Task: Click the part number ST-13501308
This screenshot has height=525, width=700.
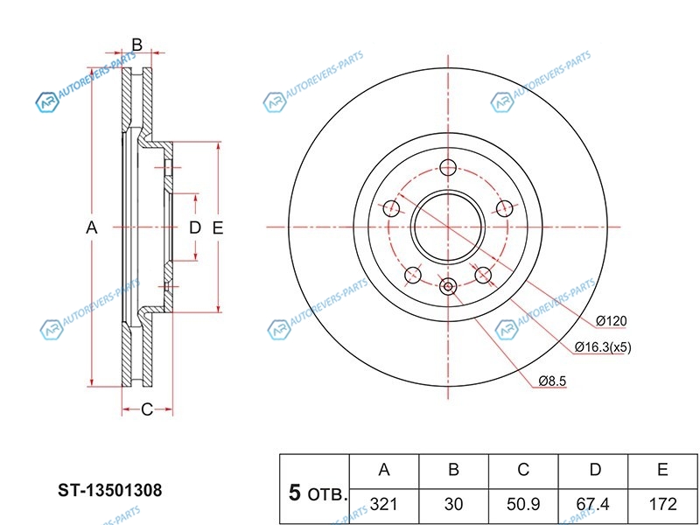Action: (x=110, y=490)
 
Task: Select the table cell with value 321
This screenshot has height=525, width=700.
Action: (x=383, y=505)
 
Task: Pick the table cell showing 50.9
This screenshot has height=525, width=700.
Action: (x=522, y=505)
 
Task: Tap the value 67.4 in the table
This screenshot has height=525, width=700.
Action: (x=594, y=505)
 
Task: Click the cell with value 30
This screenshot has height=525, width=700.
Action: (x=453, y=505)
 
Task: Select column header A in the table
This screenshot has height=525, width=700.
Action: (x=383, y=471)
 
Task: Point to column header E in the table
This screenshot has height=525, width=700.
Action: (x=662, y=471)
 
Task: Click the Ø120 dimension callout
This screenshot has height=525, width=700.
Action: (x=612, y=320)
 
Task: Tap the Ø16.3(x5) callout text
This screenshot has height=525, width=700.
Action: (x=603, y=347)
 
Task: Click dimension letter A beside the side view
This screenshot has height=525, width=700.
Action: (x=91, y=228)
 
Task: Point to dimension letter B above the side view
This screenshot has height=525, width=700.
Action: (x=137, y=44)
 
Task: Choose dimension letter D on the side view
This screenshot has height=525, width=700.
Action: (x=195, y=228)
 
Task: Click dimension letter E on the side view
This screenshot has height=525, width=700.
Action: (x=218, y=228)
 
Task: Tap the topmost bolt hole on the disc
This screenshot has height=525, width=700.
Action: (x=448, y=169)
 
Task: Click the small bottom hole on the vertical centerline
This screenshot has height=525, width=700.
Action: (x=448, y=286)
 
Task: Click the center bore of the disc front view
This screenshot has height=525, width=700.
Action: (x=448, y=225)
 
